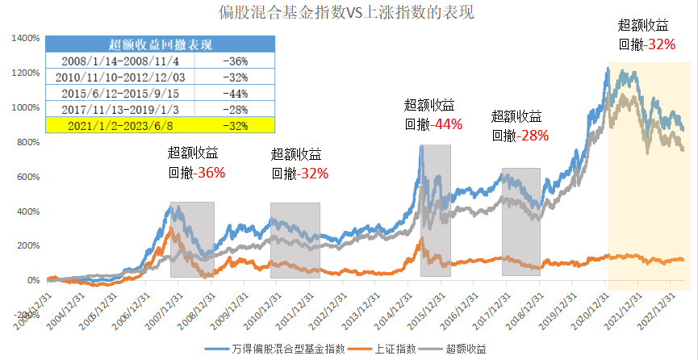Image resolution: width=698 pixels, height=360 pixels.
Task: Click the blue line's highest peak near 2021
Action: click(608, 69)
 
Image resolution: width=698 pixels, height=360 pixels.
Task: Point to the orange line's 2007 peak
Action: click(169, 228)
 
